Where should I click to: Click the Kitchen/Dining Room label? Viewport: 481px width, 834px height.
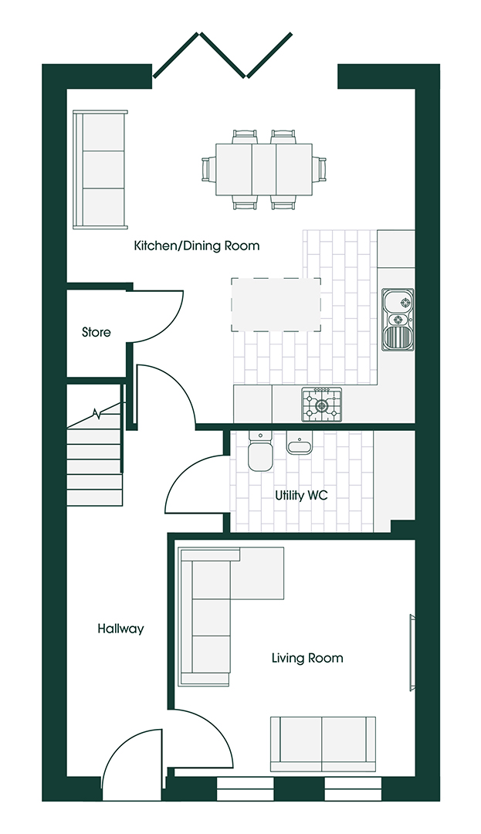(x=197, y=246)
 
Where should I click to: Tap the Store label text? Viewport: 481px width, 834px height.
(x=97, y=333)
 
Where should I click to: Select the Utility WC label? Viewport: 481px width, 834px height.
(x=301, y=495)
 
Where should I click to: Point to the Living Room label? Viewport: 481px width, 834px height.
(x=307, y=658)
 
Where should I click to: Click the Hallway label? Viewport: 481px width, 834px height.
(x=120, y=629)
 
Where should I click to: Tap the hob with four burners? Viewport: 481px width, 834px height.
(x=321, y=404)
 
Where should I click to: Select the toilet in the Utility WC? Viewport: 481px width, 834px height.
(x=259, y=453)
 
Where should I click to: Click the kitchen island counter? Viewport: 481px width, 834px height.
(x=276, y=304)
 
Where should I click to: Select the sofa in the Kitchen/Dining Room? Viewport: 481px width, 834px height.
(x=100, y=170)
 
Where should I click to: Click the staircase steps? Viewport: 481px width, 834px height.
(x=94, y=463)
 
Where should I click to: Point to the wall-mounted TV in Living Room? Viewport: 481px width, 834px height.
(x=413, y=651)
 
